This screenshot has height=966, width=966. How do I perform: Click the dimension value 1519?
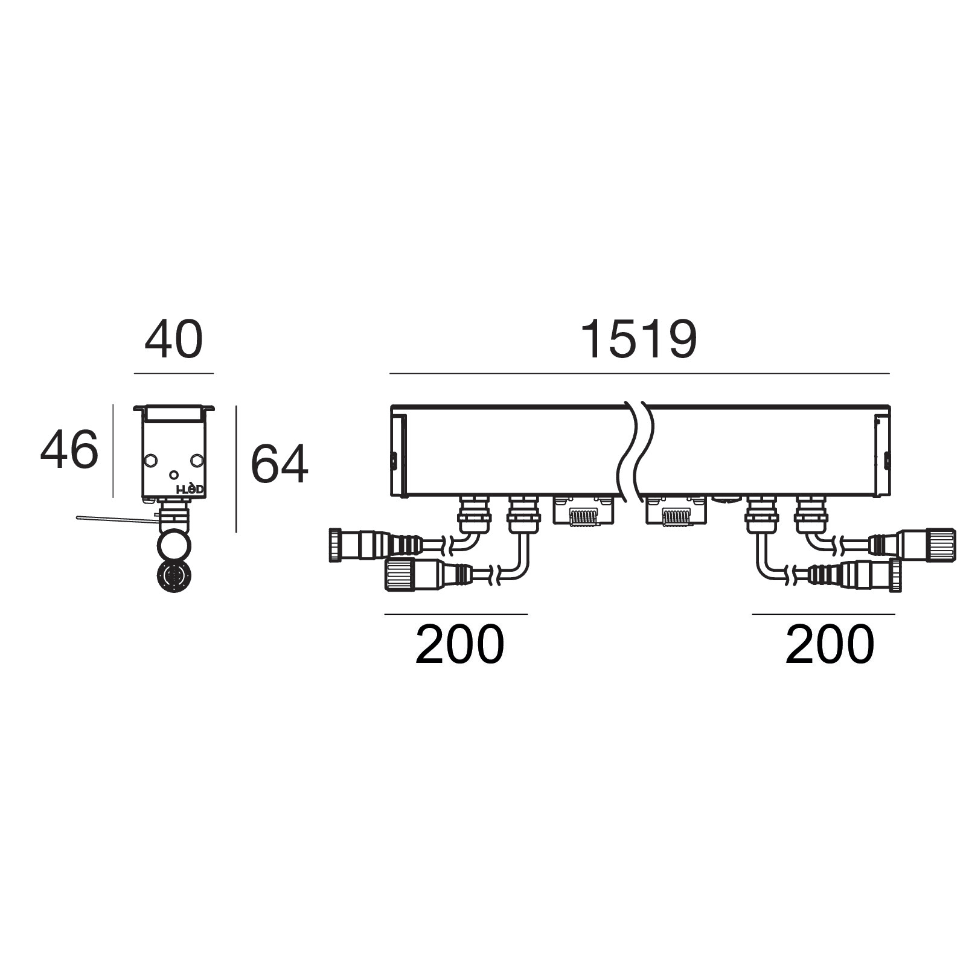[639, 341]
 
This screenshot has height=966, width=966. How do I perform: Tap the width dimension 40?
[173, 341]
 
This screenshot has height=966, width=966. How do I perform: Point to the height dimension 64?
[279, 464]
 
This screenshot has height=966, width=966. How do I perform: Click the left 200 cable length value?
[459, 645]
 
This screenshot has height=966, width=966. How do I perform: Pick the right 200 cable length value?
[830, 645]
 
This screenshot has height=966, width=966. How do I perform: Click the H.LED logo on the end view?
[190, 490]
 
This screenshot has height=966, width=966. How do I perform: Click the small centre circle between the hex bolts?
[174, 475]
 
